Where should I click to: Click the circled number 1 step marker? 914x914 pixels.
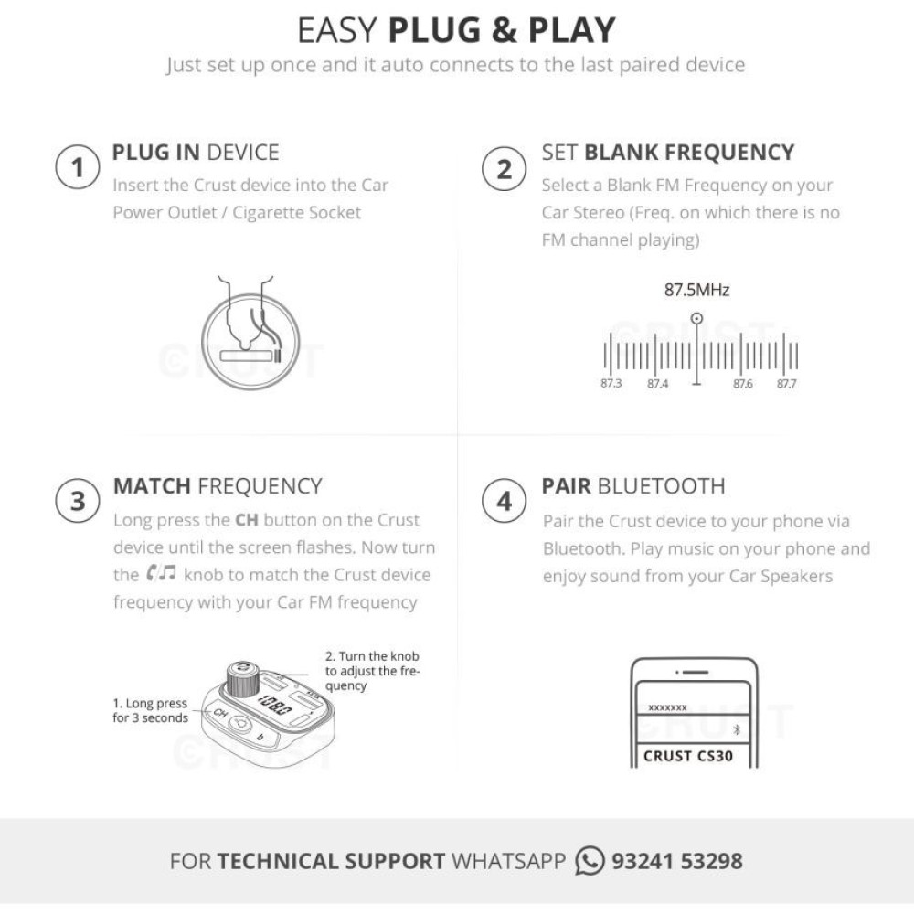78,167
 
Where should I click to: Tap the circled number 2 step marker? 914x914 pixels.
505,169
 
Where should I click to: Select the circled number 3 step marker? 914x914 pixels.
78,501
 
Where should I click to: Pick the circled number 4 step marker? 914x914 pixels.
505,501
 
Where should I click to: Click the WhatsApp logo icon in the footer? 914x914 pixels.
590,861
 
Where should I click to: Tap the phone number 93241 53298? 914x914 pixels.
676,861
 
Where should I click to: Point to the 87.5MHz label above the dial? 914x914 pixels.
696,290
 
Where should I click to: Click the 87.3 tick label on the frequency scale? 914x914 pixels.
611,384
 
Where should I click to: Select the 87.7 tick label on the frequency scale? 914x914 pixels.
786,384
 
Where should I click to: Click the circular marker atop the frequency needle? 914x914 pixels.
696,318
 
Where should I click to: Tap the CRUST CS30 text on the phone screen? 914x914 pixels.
688,756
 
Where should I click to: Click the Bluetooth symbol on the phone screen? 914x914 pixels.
736,729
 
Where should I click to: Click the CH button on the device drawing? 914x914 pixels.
219,713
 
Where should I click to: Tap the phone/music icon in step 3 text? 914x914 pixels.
161,574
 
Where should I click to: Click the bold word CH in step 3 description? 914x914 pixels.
246,520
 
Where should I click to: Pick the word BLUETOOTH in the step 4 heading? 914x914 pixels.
661,486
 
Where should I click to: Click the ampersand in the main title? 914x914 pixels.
504,30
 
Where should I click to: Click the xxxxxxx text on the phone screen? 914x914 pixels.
667,707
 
